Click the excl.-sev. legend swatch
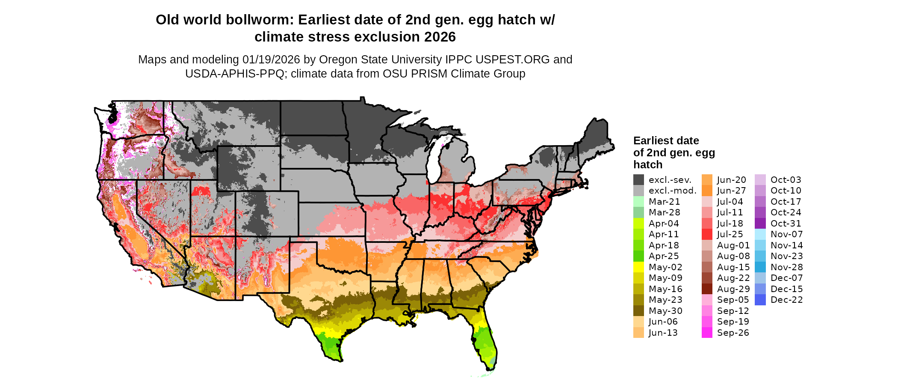coord(638,180)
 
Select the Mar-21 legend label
coord(664,202)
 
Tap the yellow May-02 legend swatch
coord(638,267)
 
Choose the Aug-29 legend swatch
coord(707,289)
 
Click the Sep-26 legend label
coord(733,333)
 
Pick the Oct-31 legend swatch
coord(760,224)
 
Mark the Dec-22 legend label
coord(786,300)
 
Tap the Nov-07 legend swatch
coord(760,234)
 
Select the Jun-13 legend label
coord(663,333)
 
